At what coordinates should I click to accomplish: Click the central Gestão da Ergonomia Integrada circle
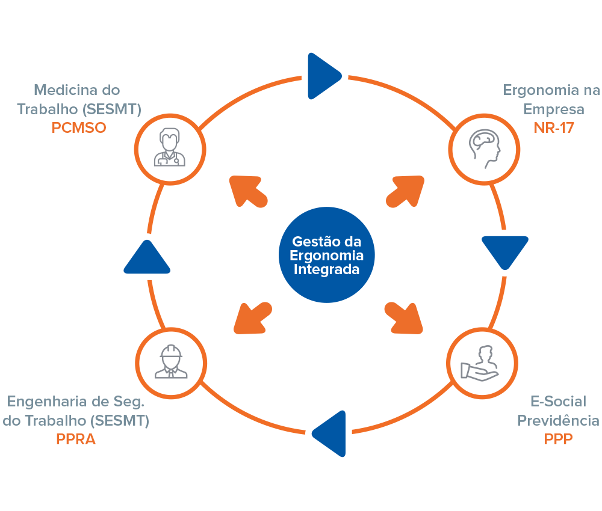point(326,255)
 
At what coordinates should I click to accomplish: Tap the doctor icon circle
point(170,147)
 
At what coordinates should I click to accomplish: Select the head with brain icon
point(485,147)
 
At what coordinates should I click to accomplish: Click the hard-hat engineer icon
point(171,363)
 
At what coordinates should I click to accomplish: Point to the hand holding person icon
point(482,363)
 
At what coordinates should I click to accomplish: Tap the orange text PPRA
point(76,439)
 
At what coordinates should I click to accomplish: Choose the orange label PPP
point(558,439)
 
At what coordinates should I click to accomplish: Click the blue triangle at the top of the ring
point(322,76)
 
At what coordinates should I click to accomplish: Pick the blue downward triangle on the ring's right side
point(504,251)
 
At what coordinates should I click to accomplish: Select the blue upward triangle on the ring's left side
point(147,259)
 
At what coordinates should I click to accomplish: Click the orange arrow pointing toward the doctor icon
point(248,191)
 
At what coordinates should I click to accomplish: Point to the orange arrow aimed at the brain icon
point(405,191)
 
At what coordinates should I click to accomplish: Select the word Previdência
point(559,420)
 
